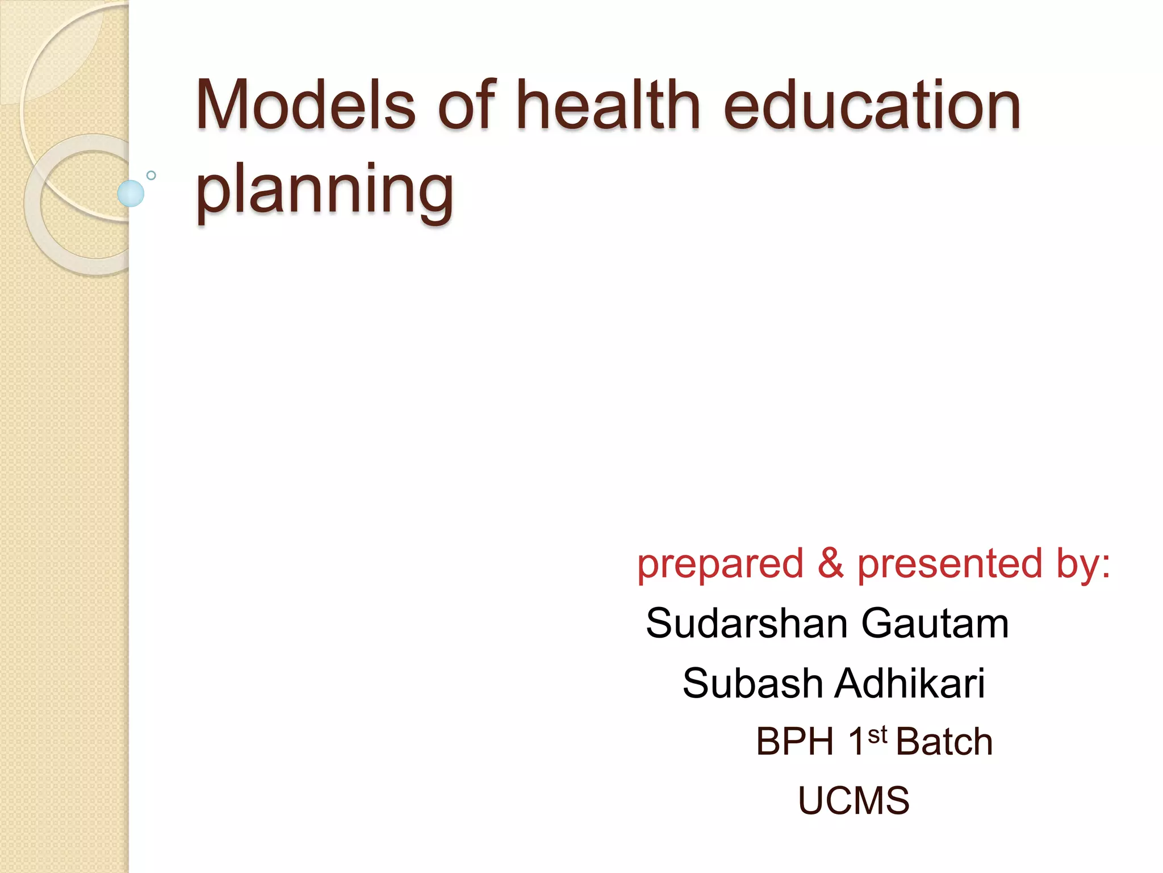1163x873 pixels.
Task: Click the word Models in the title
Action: (306, 106)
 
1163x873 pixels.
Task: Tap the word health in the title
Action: (609, 106)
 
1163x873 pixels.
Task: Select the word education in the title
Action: (872, 106)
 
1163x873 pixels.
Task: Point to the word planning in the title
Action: (324, 190)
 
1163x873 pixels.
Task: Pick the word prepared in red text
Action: (720, 564)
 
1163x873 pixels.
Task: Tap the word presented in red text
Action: (949, 564)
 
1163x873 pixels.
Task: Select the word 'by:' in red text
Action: (1083, 564)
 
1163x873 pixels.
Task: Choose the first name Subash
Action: (752, 683)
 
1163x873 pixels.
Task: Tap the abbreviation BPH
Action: (795, 742)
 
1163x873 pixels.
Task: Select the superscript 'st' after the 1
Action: (877, 734)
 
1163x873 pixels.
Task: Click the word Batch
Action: (944, 742)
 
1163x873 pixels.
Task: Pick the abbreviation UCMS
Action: (854, 801)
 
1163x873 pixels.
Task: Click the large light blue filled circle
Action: (131, 193)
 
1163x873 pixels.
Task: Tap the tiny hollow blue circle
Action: (151, 176)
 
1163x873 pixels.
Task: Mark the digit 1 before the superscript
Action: (856, 742)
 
